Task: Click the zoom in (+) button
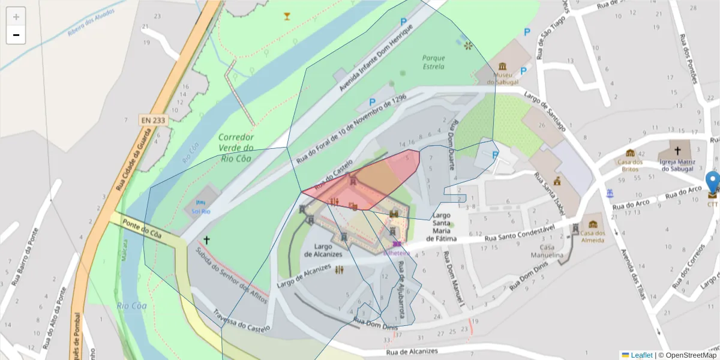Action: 16,17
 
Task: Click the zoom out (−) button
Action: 16,35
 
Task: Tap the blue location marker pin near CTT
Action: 712,182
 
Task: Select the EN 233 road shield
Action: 153,120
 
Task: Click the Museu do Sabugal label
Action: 502,78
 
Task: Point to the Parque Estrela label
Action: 433,62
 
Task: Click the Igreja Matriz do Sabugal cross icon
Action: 677,151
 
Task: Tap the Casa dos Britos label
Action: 630,165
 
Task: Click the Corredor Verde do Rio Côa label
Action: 236,148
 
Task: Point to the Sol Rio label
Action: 200,211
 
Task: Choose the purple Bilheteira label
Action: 397,253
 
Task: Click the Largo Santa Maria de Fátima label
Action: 442,227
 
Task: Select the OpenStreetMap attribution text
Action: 688,355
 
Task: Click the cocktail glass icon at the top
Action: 287,16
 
